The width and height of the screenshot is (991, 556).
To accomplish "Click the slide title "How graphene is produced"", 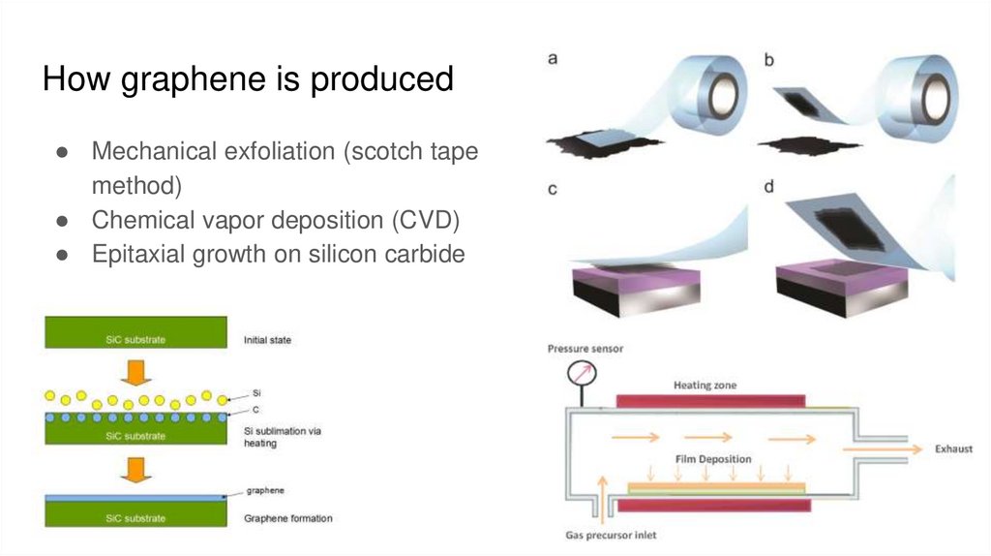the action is [x=248, y=78].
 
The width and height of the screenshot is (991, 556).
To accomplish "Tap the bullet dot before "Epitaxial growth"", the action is [x=61, y=255].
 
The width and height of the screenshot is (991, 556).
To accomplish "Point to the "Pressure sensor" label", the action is [x=586, y=348].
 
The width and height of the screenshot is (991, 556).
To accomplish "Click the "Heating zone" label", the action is [x=705, y=385].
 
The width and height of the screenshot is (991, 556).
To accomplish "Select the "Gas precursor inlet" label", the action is [x=612, y=534].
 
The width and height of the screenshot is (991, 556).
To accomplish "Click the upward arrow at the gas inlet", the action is [x=605, y=493].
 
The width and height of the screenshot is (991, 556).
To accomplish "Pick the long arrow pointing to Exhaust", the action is [x=880, y=448].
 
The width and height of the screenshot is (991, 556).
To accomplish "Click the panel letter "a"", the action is [x=553, y=58].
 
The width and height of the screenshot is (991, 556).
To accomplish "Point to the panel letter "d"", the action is [x=768, y=186].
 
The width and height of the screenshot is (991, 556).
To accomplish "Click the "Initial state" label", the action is [x=267, y=340].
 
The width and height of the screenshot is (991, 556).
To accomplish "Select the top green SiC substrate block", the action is [x=136, y=332].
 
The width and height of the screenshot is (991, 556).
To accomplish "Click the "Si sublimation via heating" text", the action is [x=282, y=437].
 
